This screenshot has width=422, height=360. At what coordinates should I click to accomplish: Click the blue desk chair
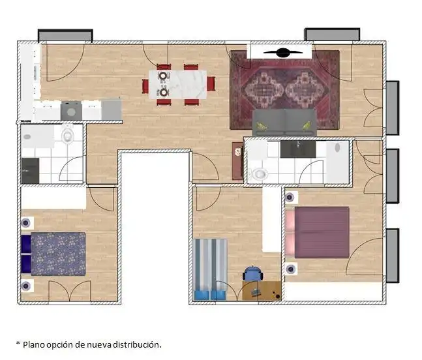(x=253, y=274)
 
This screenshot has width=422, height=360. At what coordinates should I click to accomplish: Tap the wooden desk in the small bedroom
(x=262, y=291)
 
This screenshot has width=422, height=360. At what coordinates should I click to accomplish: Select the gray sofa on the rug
(x=284, y=122)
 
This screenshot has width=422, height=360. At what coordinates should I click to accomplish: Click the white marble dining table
(x=178, y=84)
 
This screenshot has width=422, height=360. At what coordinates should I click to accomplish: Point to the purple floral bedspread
(x=59, y=254)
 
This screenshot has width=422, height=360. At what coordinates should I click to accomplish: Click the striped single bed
(x=210, y=269)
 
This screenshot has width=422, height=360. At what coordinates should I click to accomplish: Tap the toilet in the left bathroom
(x=68, y=134)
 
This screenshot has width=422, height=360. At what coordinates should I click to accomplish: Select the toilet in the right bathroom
(x=259, y=173)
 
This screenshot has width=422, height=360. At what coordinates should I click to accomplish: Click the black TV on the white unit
(x=282, y=53)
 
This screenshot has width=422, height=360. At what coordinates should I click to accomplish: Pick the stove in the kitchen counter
(x=71, y=111)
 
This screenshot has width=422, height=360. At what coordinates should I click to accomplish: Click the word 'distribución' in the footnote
(x=137, y=344)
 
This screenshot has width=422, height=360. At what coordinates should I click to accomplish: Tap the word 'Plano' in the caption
(x=34, y=344)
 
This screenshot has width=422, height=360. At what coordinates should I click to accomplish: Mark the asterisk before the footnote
(x=18, y=343)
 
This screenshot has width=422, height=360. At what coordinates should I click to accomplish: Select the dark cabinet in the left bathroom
(x=30, y=171)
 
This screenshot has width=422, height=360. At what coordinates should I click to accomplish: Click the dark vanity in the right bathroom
(x=298, y=149)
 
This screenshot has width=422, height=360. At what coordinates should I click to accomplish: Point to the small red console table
(x=237, y=161)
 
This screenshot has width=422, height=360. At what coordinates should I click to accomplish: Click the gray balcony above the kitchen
(x=65, y=35)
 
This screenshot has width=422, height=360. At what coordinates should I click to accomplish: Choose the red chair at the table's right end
(x=211, y=83)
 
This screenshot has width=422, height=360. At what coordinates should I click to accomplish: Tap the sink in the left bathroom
(x=27, y=137)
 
